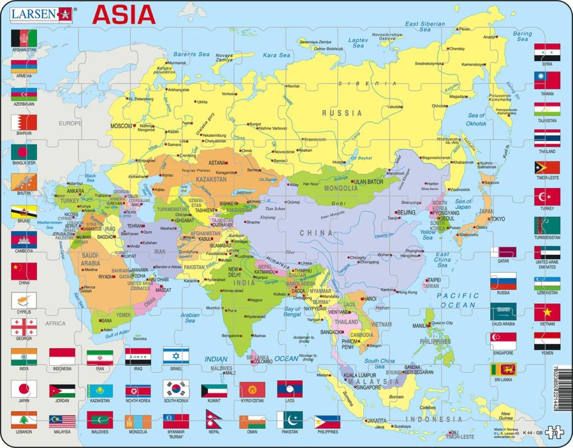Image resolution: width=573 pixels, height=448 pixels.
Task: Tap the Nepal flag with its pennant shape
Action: point(249,419)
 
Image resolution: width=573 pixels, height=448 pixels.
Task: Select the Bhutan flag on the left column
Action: point(24,181)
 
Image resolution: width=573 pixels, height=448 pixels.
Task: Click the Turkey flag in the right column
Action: point(547,196)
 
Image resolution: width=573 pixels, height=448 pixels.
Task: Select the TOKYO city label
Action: point(497,219)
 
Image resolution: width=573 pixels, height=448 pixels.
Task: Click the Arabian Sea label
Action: point(190,318)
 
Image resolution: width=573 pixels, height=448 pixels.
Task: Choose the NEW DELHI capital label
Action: point(235,274)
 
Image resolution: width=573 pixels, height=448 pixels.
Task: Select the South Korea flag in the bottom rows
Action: point(176,389)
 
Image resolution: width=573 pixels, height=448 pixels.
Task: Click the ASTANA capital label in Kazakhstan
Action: point(217,163)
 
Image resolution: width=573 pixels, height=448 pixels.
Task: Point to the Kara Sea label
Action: point(277,55)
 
